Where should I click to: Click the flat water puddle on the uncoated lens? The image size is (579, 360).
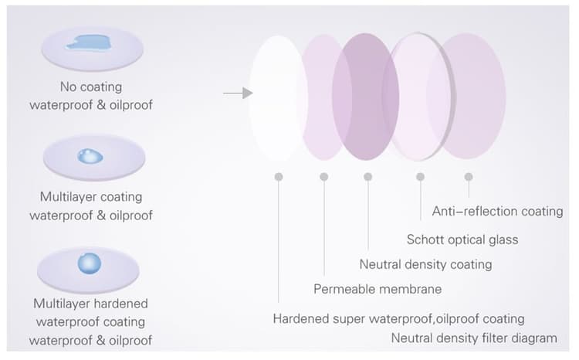90,42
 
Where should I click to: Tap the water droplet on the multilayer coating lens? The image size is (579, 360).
90,156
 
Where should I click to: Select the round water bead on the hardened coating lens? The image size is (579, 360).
89,263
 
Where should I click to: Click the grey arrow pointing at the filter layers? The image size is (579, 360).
239,93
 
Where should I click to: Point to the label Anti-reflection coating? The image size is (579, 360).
497,212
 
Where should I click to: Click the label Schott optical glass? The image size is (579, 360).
462,239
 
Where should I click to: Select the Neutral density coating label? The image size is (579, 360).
425,264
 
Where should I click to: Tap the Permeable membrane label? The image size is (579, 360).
378,289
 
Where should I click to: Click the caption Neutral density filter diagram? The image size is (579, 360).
474,338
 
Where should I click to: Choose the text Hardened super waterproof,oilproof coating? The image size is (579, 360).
399,318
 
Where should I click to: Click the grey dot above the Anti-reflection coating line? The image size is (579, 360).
469,177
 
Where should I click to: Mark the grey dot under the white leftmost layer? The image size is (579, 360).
279,177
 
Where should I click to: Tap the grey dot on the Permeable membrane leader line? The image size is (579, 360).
323,177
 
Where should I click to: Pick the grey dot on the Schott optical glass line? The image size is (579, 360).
420,177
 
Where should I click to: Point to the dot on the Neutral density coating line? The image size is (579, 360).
367,177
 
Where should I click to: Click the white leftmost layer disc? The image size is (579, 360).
277,98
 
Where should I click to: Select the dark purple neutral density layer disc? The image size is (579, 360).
366,97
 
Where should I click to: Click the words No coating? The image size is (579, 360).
91,87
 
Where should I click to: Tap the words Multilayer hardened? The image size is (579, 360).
90,304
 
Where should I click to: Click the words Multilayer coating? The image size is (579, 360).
91,197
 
